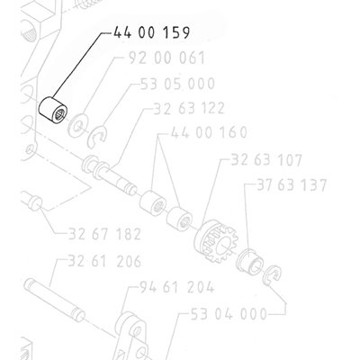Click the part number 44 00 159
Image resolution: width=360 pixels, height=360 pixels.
(151, 32)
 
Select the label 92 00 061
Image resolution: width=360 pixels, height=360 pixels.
(166, 58)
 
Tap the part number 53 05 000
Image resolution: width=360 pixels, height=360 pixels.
(177, 84)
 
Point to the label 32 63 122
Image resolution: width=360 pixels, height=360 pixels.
(189, 108)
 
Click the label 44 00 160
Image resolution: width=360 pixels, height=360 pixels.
(209, 132)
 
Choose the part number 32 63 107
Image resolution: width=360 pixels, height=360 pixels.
(266, 159)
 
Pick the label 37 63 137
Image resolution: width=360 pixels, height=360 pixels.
(292, 185)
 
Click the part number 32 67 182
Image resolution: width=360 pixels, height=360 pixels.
(104, 234)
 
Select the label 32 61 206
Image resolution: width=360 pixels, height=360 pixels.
(104, 261)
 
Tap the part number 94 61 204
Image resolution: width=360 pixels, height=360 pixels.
(177, 287)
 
